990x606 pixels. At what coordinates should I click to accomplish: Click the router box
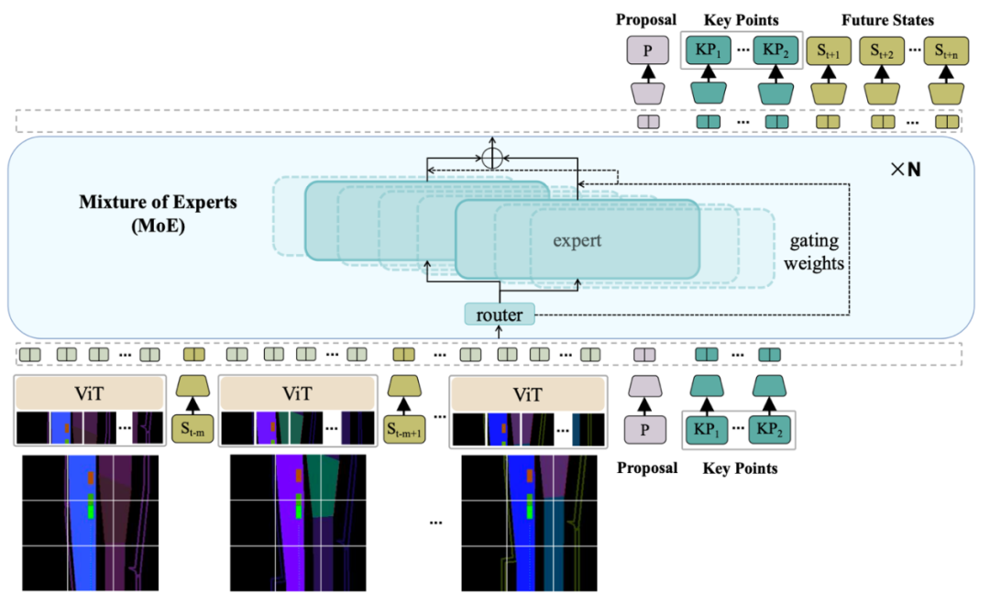click(x=500, y=315)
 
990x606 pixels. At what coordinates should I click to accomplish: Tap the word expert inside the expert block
click(x=577, y=241)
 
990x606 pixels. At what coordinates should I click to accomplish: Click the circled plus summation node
click(x=493, y=158)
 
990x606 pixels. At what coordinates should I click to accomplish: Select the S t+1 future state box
click(x=829, y=51)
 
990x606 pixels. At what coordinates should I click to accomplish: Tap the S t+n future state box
click(x=946, y=51)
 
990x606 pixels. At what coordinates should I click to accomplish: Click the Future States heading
click(x=887, y=19)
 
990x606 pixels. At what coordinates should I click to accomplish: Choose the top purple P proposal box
click(x=647, y=51)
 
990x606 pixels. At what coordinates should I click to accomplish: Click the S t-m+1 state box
click(x=404, y=428)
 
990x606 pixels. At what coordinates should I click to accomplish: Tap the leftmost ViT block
click(x=89, y=394)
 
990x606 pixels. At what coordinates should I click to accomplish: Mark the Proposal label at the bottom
click(x=647, y=468)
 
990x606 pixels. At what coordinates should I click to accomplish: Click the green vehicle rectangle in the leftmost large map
click(x=91, y=507)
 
